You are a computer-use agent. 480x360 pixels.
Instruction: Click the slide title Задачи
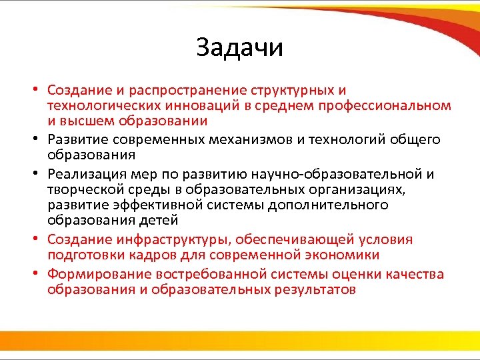pos(240,48)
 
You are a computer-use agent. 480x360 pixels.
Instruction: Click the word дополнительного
pos(328,205)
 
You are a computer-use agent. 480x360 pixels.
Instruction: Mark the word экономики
pos(341,255)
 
